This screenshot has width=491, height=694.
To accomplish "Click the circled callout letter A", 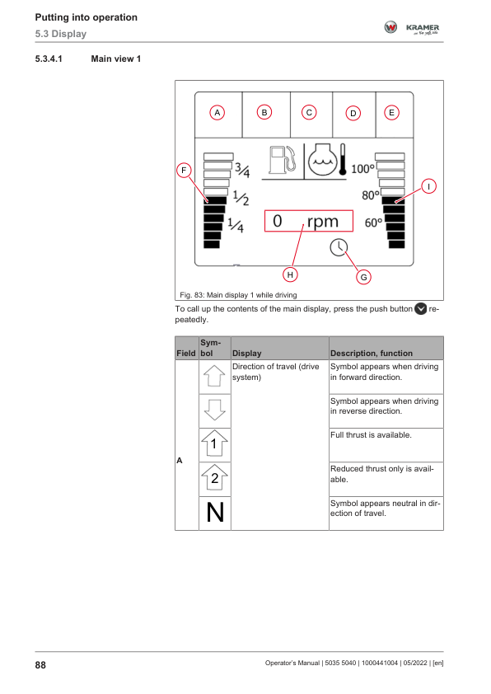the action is pos(217,112).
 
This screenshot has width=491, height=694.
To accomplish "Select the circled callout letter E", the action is pos(391,112).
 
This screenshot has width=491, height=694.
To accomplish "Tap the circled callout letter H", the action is pos(290,274).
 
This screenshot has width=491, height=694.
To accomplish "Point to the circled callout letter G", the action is pos(363,277).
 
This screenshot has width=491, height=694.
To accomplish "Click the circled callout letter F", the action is pos(184,171).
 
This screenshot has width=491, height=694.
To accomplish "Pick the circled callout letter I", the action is pos(428,186).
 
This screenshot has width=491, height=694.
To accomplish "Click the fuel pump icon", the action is pos(282,160).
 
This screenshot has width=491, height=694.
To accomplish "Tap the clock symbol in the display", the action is pos(339,247).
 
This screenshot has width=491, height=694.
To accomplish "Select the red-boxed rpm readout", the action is pos(309,221).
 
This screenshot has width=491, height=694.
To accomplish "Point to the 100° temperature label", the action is pos(362,169).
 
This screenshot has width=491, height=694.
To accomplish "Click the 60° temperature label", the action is pos(373,223).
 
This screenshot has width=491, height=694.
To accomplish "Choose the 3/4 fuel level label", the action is pos(242,170).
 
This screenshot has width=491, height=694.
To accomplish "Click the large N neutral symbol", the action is pos(215,513).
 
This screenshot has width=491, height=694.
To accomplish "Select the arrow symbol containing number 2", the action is pos(214,478).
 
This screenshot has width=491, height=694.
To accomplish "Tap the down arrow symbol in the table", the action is pos(214,410).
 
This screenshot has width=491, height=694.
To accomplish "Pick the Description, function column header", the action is pos(372,354).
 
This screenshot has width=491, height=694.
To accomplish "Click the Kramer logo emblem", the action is pos(390,27).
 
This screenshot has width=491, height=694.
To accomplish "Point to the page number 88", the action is pos(40,665).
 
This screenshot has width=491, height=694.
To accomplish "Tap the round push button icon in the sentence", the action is pos(421,308).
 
